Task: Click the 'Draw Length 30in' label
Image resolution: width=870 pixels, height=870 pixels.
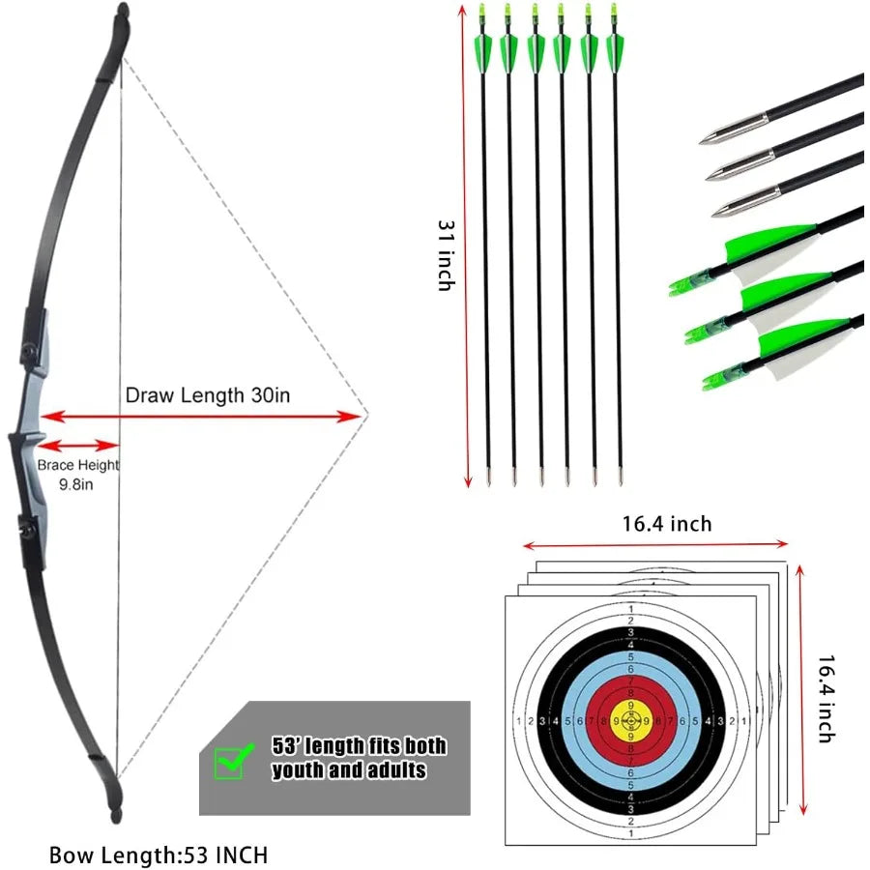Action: pos(208,394)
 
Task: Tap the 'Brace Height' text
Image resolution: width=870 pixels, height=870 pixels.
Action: pos(78,465)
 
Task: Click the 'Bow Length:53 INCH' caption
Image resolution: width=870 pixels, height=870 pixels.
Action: pos(159,855)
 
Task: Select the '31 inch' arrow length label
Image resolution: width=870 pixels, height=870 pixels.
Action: pos(446,254)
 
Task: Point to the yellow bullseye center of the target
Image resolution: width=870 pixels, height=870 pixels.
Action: pos(631,720)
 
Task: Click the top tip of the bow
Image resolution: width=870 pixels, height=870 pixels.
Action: pos(122,14)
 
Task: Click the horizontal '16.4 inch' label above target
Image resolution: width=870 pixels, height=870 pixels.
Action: pos(666,524)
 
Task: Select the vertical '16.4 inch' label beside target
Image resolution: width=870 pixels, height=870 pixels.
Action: pos(826,698)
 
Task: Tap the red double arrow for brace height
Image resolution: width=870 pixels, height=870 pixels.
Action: pos(78,445)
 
